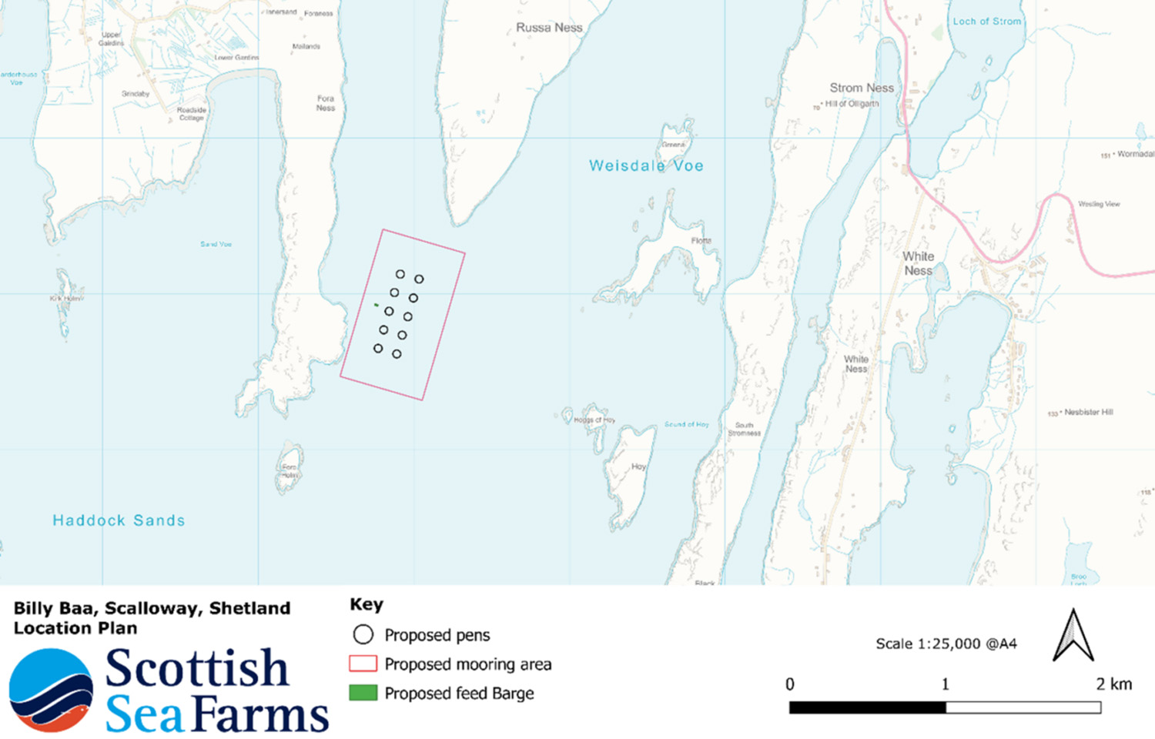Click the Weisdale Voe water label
click(646, 166)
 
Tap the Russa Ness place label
click(549, 28)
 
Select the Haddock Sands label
click(119, 520)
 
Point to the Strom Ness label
click(862, 88)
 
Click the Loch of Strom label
click(986, 22)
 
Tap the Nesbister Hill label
click(1088, 412)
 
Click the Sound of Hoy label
click(686, 424)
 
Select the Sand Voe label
click(216, 244)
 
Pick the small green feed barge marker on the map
click(376, 305)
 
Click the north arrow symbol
click(1073, 636)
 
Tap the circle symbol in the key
click(363, 634)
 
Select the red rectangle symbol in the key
click(363, 664)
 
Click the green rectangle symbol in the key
click(363, 693)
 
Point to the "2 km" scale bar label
click(1113, 684)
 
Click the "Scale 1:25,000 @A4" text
click(946, 644)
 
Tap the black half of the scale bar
click(867, 707)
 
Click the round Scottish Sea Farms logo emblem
click(51, 690)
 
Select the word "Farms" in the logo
click(261, 715)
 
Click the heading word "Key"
click(366, 604)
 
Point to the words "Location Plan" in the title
click(75, 628)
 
